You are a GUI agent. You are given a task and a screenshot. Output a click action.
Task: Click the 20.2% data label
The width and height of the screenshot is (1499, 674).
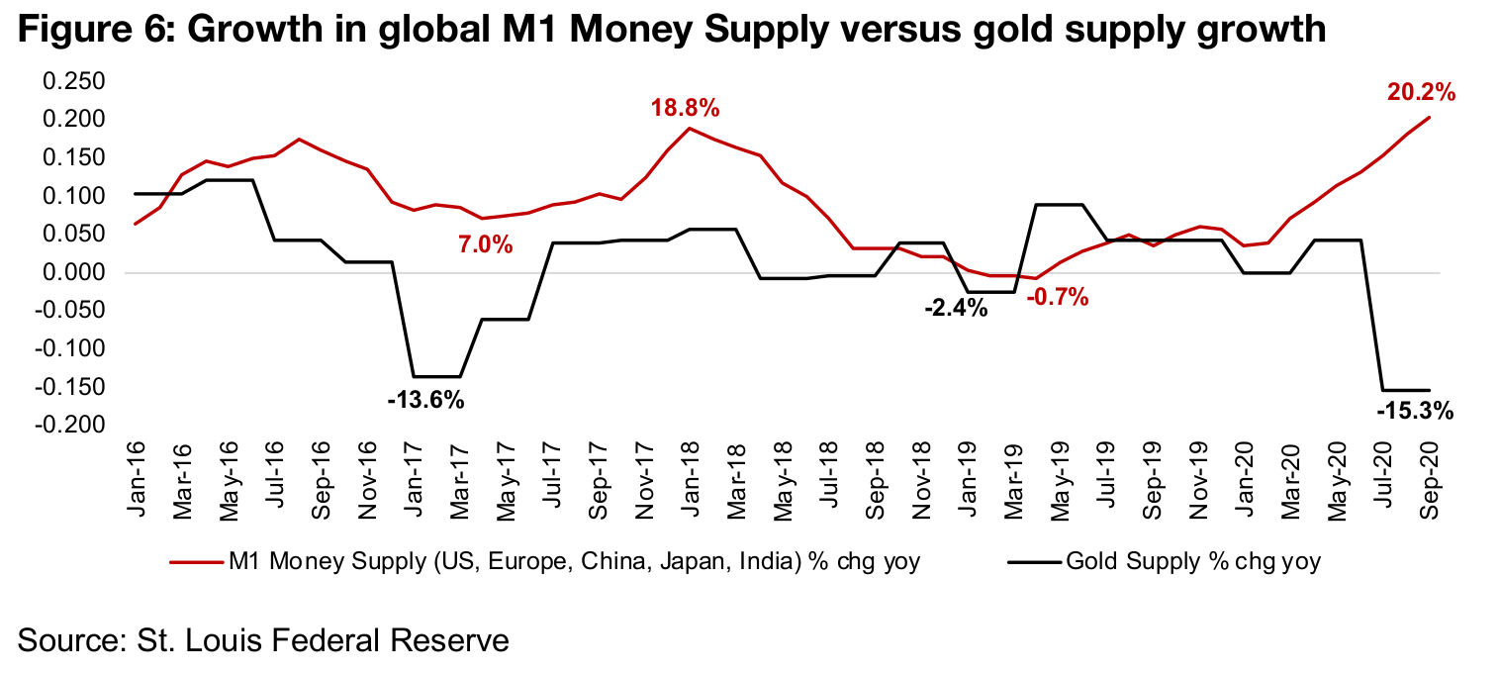click(x=1421, y=93)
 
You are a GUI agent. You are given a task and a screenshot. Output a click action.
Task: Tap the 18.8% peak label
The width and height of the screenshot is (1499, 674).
click(x=685, y=108)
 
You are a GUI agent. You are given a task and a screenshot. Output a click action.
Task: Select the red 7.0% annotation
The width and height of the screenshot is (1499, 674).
click(x=485, y=242)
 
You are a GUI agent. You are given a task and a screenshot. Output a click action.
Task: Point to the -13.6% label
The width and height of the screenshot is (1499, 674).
click(x=425, y=401)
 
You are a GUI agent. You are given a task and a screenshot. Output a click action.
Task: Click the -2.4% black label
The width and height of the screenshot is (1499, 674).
click(x=956, y=308)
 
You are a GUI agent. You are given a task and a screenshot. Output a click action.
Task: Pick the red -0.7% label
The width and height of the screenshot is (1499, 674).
click(x=1057, y=296)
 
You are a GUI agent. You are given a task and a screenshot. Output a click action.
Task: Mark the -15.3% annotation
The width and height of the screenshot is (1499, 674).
click(x=1415, y=410)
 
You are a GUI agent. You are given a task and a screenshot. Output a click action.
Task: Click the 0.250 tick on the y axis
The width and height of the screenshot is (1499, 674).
click(x=73, y=81)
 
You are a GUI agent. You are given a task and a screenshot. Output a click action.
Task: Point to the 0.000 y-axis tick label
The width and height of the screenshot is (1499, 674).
click(x=73, y=273)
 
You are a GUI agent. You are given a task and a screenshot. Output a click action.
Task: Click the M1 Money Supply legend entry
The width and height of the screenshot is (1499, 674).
click(x=545, y=563)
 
